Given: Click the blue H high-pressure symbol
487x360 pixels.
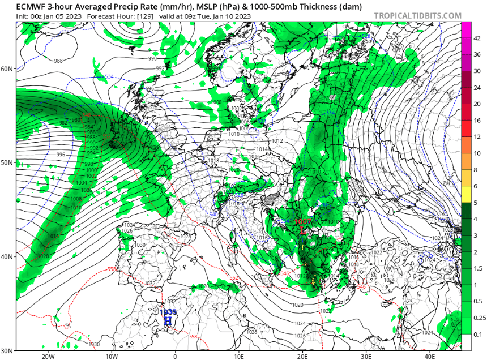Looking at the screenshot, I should (x=168, y=321).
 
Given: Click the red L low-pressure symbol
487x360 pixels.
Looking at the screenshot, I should (x=303, y=231).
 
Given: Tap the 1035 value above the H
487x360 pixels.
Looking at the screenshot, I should (x=168, y=312).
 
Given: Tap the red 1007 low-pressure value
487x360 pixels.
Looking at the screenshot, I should (x=303, y=222).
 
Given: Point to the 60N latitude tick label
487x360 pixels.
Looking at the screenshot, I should (x=7, y=68).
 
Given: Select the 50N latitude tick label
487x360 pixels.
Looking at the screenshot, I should (x=7, y=162).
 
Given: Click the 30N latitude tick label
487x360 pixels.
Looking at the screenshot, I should (x=7, y=350).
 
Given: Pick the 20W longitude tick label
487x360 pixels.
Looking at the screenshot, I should (x=48, y=357).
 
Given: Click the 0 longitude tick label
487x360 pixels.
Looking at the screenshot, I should (x=175, y=357).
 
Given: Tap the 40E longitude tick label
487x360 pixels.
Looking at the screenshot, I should (x=430, y=357).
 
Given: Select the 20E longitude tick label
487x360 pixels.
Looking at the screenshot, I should (x=302, y=357).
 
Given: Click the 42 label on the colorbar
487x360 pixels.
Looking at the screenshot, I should (x=477, y=39).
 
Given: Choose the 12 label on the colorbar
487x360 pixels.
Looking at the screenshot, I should (x=477, y=137).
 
